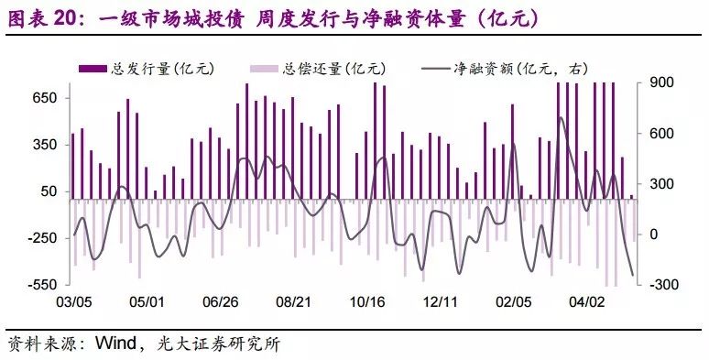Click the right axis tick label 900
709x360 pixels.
662,82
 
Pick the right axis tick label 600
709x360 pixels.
662,134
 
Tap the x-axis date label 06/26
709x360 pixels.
220,301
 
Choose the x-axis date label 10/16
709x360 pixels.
366,301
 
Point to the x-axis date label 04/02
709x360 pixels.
586,301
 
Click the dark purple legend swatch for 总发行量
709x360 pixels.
93,69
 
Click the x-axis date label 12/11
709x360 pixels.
440,301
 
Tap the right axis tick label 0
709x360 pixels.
653,235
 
